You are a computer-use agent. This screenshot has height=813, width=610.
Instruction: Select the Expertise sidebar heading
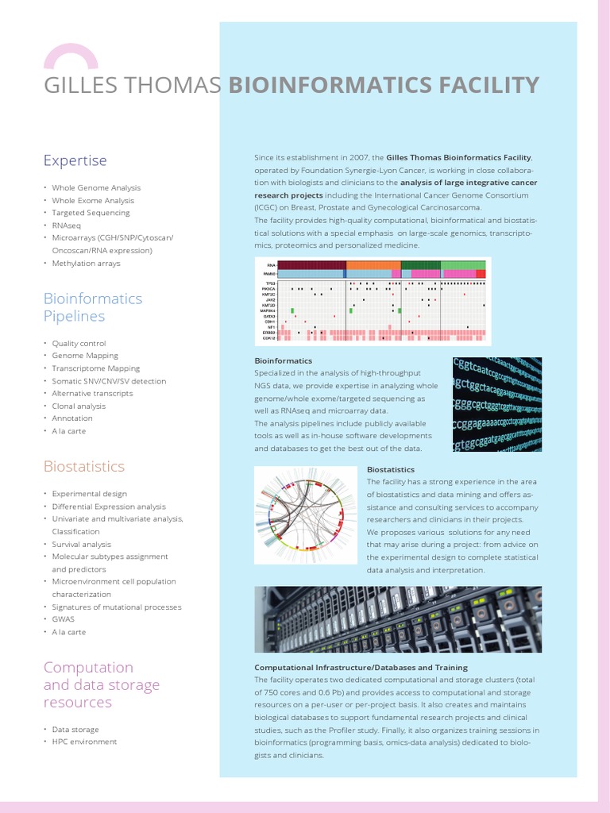coord(75,160)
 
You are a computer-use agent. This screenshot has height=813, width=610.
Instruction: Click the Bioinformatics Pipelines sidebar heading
coord(92,307)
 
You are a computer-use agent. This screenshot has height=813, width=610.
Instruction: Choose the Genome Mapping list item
coord(85,356)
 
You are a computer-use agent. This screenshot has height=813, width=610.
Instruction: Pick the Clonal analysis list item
coord(79,406)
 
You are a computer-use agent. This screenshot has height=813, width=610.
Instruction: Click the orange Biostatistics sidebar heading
coord(83,466)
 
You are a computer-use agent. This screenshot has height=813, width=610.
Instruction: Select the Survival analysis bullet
coord(81,545)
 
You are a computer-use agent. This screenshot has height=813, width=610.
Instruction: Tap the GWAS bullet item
coord(63,619)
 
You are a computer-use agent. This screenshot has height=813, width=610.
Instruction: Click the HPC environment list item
coord(84,742)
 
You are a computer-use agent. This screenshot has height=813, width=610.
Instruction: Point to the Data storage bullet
coord(75,729)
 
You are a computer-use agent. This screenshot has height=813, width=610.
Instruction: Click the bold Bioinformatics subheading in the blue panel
coord(283,360)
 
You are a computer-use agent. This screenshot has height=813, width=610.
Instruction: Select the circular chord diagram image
coord(306,515)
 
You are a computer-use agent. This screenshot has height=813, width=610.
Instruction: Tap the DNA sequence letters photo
coord(496,404)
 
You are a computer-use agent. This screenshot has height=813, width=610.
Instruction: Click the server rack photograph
coord(398,619)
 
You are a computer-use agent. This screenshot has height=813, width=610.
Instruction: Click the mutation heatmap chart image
coord(373,300)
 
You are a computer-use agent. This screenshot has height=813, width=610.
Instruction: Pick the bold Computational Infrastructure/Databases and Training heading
coord(361,668)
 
